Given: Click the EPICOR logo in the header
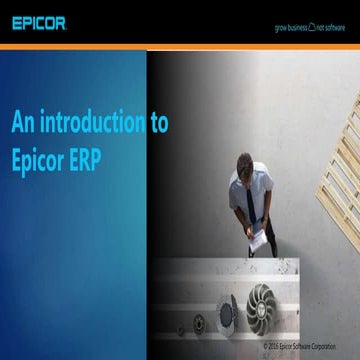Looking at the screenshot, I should (x=39, y=21).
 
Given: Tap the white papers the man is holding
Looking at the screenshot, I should (x=259, y=241).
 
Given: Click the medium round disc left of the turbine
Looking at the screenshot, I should (x=227, y=313).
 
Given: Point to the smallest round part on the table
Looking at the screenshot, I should (x=180, y=329).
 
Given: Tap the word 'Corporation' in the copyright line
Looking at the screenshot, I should (x=336, y=346).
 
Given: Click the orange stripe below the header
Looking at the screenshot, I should (x=180, y=47).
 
